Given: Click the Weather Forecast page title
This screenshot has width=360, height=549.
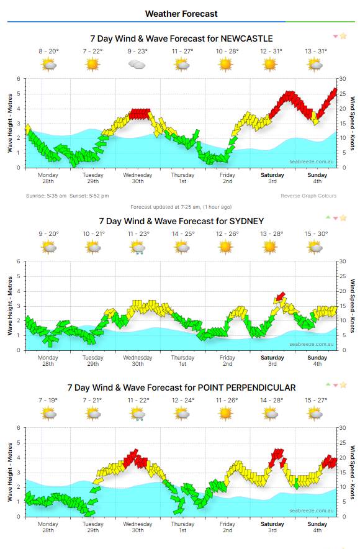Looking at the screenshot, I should coord(181,13).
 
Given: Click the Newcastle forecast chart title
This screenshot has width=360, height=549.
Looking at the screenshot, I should coord(181,38).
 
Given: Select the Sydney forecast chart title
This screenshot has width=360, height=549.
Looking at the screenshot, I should coord(181,220).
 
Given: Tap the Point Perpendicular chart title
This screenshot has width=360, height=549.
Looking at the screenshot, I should coord(181,387).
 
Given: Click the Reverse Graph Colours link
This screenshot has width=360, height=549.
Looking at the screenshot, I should coord(308,196).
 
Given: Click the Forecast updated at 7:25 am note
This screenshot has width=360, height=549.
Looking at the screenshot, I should coord(181,207).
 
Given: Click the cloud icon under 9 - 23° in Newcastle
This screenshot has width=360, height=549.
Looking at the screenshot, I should coord(137,64).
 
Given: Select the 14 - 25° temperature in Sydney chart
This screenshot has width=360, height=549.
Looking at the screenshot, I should coord(182,234).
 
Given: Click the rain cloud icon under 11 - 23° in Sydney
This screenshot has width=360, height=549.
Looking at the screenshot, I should coord(137,247).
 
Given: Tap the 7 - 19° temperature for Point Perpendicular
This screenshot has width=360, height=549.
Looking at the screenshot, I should coord(48,400).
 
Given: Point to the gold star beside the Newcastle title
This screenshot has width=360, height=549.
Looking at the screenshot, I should coord(343,37).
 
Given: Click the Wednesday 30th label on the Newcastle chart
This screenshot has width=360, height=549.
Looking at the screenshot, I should coord(138,178).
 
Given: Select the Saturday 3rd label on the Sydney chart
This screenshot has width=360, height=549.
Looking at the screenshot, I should coord(272,361).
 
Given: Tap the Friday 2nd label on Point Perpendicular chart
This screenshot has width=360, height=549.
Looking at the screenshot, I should coord(227,527).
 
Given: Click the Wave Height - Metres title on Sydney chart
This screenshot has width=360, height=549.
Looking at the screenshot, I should coord(9,306).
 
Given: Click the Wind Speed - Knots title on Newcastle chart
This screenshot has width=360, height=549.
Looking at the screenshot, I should coord(352,123).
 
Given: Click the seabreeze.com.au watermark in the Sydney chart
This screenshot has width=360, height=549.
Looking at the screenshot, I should coord(312,343).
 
